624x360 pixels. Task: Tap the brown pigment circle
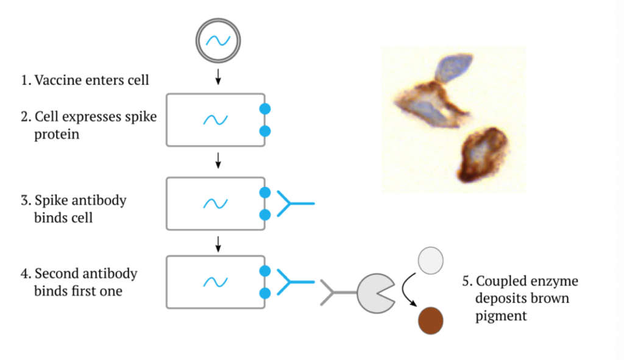tap(431, 320)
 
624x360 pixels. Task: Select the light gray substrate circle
tap(431, 261)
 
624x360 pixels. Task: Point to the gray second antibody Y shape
tap(335, 293)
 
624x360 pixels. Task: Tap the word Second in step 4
tap(56, 274)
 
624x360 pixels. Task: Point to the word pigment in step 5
tap(501, 317)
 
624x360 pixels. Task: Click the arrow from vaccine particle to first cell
tap(218, 77)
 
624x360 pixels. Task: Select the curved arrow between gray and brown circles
tap(406, 289)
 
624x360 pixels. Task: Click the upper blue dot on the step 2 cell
tap(265, 108)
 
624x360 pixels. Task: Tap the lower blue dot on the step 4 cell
tap(265, 293)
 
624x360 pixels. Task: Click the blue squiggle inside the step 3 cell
tap(215, 203)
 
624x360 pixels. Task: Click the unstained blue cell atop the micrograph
tap(453, 68)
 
